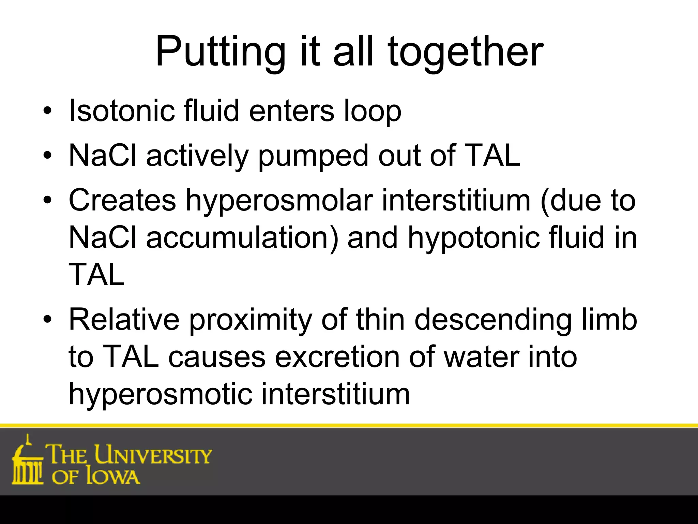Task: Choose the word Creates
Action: (x=122, y=200)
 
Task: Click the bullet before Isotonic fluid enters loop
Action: (x=47, y=111)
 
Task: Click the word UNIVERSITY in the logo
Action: (x=153, y=455)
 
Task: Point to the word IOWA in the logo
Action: (x=113, y=476)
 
